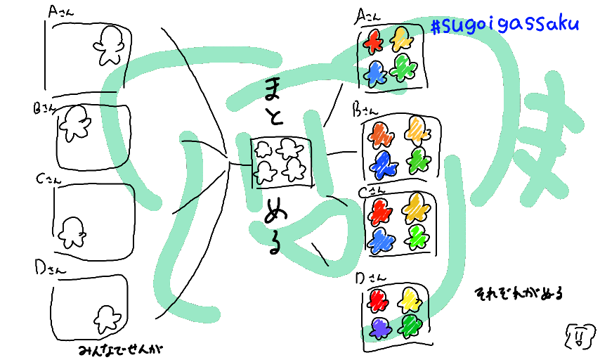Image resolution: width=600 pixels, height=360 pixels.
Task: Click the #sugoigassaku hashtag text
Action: tap(504, 25)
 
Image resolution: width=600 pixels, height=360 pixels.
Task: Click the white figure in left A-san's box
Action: tap(110, 44)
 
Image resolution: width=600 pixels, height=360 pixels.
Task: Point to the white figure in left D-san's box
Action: tap(107, 319)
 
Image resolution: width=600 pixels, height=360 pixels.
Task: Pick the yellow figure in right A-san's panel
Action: tap(400, 39)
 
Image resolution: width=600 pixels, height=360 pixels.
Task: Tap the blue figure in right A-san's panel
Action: tap(377, 72)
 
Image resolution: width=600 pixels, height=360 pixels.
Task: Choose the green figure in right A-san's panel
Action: tap(404, 68)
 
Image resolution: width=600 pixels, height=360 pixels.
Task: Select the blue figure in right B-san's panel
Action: tap(384, 164)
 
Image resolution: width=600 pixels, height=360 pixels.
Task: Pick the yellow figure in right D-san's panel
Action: tap(409, 300)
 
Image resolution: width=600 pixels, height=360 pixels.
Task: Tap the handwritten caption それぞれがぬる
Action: tap(519, 292)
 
